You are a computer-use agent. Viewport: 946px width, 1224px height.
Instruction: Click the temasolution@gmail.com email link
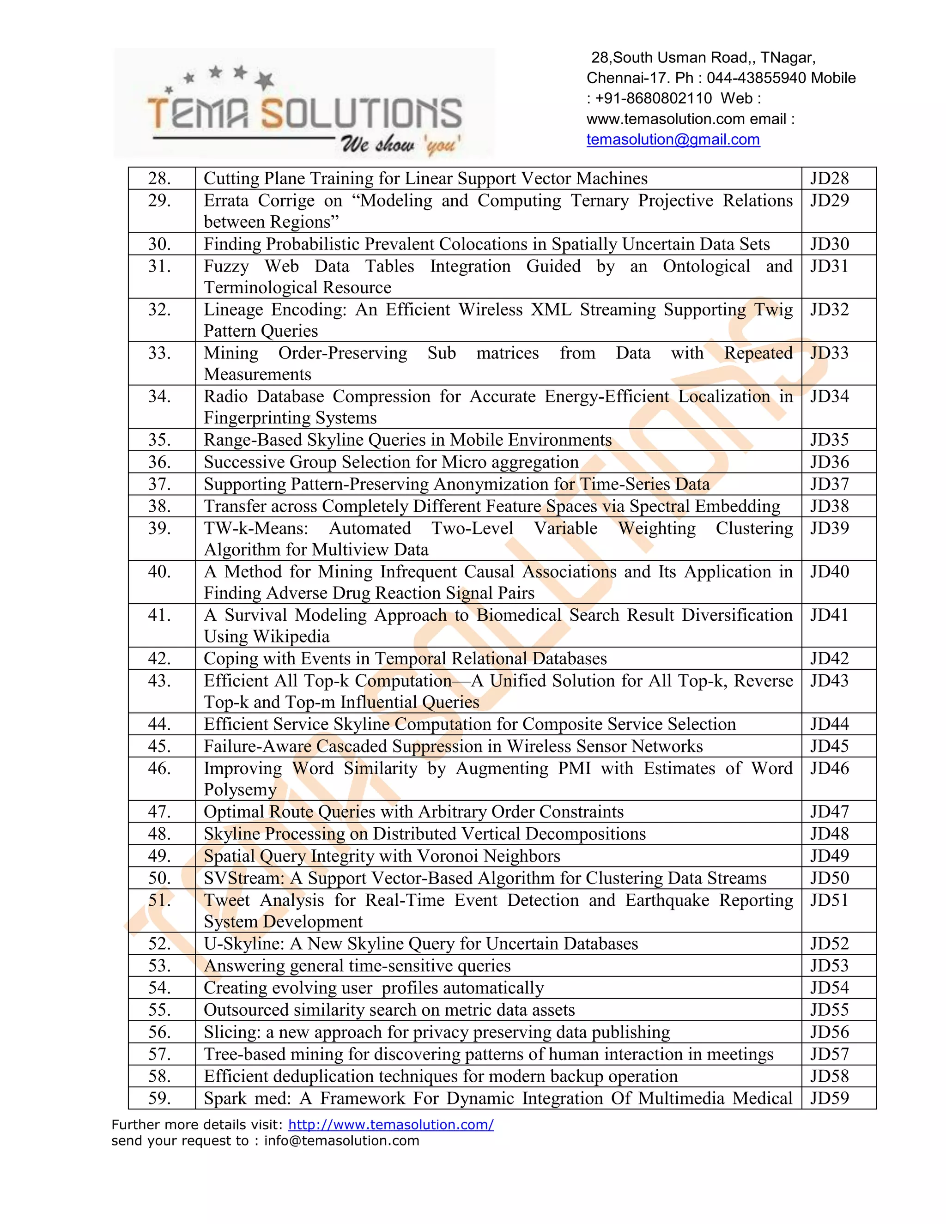tap(673, 139)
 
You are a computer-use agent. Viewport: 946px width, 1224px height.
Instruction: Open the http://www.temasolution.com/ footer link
tap(391, 1124)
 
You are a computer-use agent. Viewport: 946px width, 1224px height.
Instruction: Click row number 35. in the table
tap(159, 440)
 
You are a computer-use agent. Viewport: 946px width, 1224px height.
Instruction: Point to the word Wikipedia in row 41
tap(291, 636)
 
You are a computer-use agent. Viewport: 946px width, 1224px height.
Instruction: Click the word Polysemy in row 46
tap(240, 790)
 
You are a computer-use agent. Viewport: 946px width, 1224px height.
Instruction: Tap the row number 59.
tap(159, 1098)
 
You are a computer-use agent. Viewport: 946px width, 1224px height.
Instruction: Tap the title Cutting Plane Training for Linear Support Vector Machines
tap(425, 178)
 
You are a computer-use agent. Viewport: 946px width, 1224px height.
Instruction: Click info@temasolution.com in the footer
tap(341, 1140)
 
